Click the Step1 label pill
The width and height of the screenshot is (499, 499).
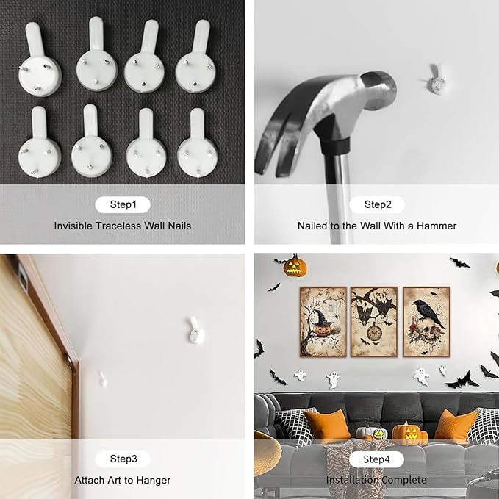[123, 204]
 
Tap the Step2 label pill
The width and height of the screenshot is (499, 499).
[377, 204]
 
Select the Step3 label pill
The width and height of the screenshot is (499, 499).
[123, 459]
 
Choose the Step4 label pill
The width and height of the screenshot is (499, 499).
[376, 459]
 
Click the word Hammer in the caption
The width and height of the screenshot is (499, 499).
[437, 226]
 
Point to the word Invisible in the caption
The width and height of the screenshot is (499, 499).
[73, 226]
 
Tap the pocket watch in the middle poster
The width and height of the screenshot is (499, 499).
[374, 331]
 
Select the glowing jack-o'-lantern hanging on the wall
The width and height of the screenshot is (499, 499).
[295, 267]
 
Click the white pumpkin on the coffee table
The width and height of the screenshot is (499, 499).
[366, 433]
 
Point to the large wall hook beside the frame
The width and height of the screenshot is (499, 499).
[195, 331]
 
